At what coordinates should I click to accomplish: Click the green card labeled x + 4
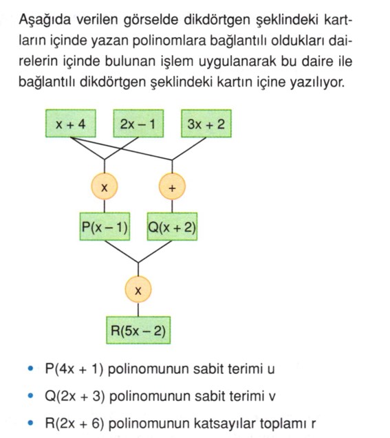tap(71, 124)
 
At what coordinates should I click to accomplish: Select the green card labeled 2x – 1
tap(138, 124)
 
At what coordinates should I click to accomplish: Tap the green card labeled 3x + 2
tap(206, 124)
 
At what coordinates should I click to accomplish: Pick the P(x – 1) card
tap(105, 226)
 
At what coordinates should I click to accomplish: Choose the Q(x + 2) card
tap(172, 226)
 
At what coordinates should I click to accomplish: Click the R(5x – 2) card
tap(138, 330)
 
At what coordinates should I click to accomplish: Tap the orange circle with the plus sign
tap(172, 186)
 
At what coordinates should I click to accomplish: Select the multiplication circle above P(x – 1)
tap(105, 186)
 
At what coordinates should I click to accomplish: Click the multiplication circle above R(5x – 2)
tap(138, 289)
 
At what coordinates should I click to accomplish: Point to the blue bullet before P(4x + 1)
tap(31, 369)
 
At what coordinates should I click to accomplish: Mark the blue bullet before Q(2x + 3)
tap(31, 396)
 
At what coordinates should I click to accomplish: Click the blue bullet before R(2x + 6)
tap(31, 423)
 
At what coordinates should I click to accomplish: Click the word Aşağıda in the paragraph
tap(45, 21)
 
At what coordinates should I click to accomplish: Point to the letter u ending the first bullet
tap(271, 369)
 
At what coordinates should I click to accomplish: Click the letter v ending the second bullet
tap(272, 397)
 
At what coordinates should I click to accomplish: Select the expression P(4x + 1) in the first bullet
tap(74, 369)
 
